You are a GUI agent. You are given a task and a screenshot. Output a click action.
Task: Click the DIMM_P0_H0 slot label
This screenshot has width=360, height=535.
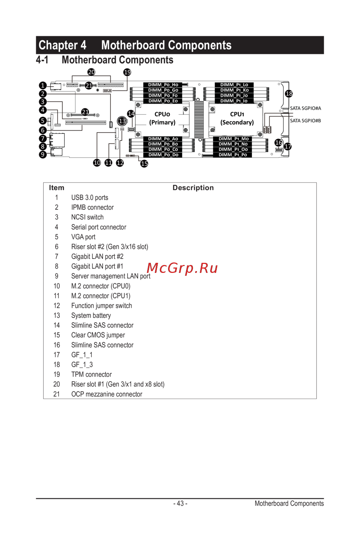coord(163,85)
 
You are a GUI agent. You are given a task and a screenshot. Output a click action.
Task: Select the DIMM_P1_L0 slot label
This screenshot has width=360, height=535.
coord(234,85)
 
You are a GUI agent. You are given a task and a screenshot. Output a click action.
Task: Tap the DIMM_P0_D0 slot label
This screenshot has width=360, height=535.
coord(163,155)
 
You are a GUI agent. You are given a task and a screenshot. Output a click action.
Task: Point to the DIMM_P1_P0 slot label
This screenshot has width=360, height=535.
coord(233,155)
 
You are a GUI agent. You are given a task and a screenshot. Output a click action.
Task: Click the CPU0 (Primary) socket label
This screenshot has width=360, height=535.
coord(162,118)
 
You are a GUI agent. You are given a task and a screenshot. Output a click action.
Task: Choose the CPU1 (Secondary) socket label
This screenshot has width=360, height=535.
coord(237,118)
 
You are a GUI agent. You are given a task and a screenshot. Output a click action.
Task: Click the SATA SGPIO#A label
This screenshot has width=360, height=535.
coord(305,108)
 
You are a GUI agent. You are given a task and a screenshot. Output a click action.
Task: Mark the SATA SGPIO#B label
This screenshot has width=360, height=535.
coord(305,121)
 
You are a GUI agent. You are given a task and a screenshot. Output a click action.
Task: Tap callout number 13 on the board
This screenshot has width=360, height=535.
coord(122,121)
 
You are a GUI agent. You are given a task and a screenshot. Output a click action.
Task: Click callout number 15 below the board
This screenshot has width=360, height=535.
coord(144,163)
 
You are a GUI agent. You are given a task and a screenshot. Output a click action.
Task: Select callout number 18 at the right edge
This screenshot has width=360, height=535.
coord(289,94)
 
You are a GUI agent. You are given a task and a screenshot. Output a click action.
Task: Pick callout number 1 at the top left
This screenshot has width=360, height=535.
coord(43,85)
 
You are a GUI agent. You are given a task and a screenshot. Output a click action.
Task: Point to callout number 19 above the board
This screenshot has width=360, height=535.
coord(127,72)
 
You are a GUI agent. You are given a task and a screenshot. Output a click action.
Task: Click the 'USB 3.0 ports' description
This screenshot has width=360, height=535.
coord(90,198)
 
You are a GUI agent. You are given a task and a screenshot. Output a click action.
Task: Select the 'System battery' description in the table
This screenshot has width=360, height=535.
coord(91,315)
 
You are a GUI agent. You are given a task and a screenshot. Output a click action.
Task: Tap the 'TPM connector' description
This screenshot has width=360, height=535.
coord(91,374)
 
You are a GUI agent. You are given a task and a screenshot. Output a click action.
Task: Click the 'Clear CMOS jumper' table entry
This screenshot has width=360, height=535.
coord(98,335)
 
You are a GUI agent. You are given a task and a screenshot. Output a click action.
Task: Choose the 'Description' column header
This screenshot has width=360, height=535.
coord(193,188)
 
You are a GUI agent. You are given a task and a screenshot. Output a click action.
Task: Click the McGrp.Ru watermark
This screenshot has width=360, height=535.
coord(182,268)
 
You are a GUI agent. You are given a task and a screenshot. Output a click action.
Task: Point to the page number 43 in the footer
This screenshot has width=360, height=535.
coord(180,503)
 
